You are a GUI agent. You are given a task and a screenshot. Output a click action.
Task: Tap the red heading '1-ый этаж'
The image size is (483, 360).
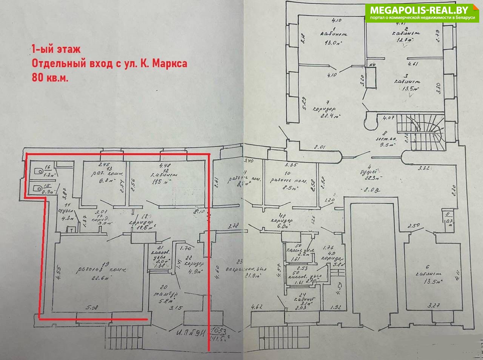pos(56,49)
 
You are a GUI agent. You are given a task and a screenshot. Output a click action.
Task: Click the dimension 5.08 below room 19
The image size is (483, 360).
pos(92,308)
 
